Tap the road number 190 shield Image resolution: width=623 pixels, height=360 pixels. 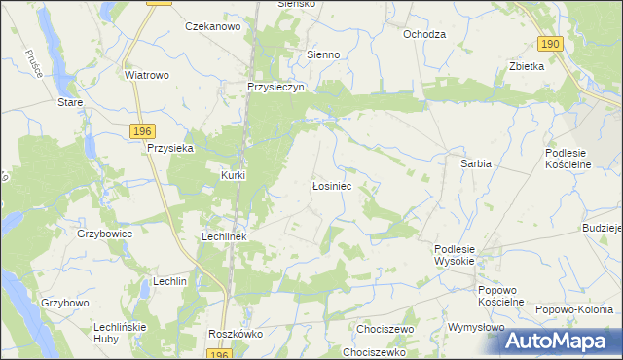coord(551,44)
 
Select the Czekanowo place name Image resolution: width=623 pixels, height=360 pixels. coord(212,27)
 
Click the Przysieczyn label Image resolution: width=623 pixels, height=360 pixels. coord(276,86)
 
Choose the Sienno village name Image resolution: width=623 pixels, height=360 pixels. coord(323,55)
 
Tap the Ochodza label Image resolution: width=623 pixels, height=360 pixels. coord(423,34)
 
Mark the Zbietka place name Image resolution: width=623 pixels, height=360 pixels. coord(526,67)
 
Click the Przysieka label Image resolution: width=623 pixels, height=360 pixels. coord(170,148)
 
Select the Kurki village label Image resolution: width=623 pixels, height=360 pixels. coord(233,175)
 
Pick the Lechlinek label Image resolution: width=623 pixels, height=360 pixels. coord(225,236)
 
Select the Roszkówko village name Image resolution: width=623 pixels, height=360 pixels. coord(231,333)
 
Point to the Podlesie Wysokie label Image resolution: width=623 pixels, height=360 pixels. coord(454,255)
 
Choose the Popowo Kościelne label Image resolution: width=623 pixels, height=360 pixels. coord(501,296)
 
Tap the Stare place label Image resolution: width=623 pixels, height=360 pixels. coord(69,102)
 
